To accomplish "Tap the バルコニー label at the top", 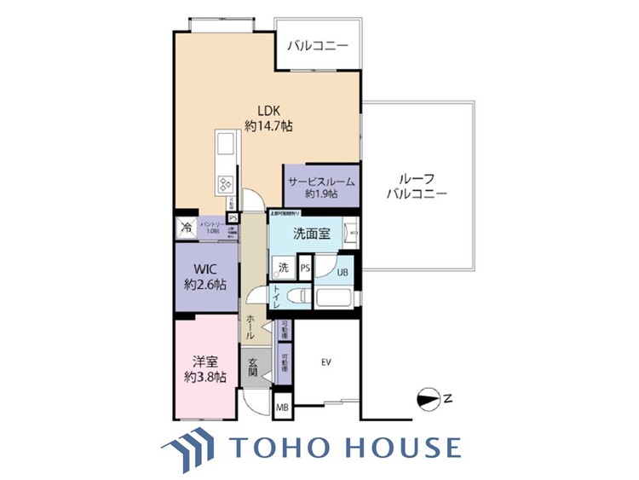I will pos(317,46).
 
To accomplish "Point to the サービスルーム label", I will pos(320,187).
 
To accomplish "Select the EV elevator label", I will pos(325,362).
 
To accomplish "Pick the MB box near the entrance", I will pos(282,408).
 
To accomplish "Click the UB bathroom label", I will pos(342,273).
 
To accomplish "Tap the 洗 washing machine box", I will pos(283,268).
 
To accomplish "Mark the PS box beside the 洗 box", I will pos(305,268).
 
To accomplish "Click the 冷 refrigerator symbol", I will pos(187,228).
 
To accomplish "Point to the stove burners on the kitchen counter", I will pos(227,184).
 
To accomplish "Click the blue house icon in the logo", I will pos(189,446).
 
